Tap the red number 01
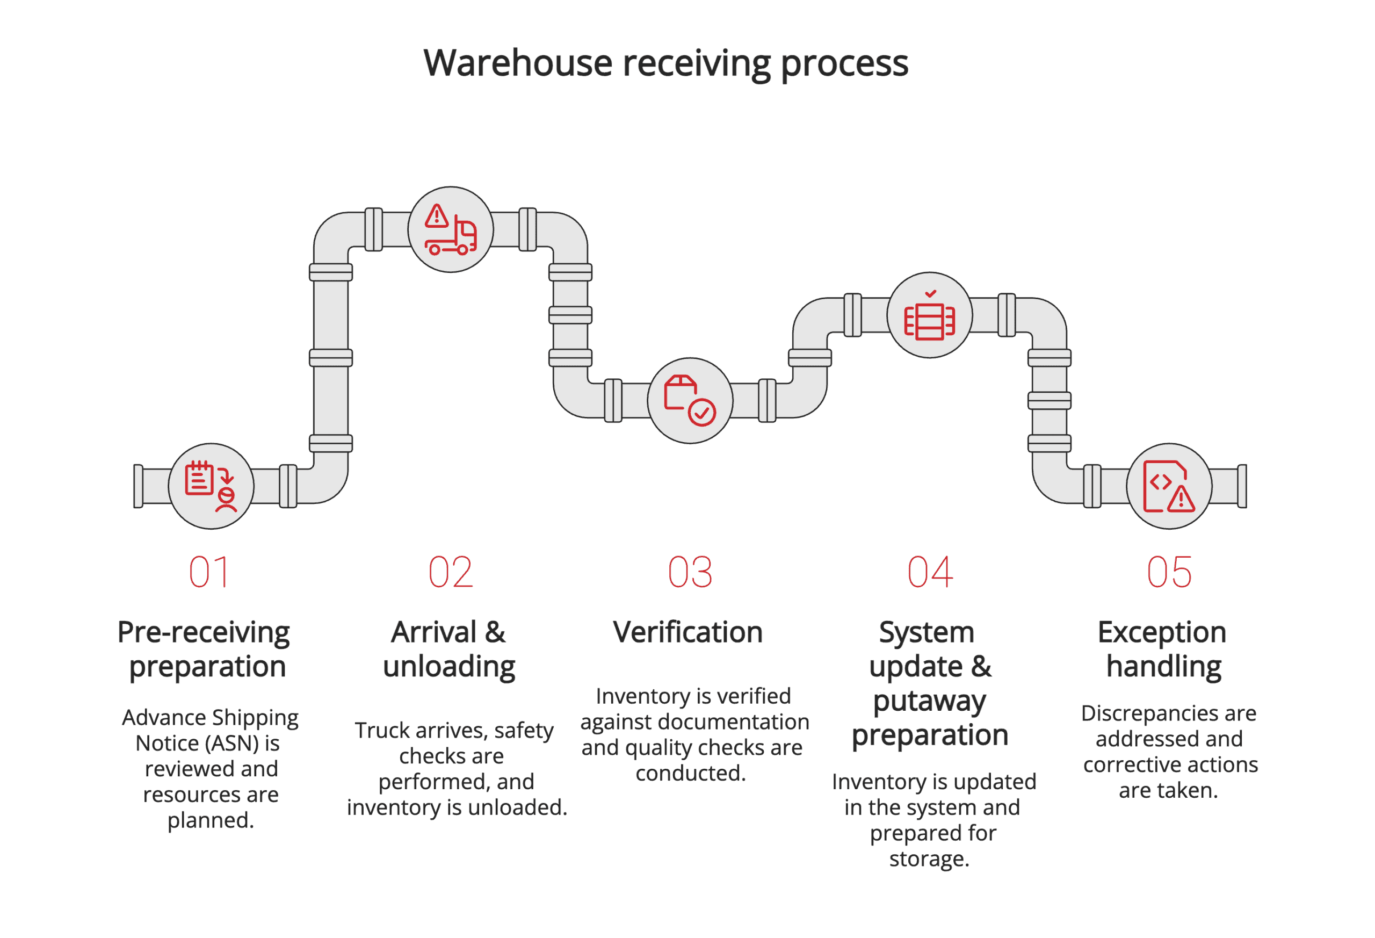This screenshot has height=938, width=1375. tap(209, 572)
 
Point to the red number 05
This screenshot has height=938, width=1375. tap(1169, 572)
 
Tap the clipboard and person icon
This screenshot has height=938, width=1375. tap(211, 486)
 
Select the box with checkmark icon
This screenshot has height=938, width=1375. tap(689, 401)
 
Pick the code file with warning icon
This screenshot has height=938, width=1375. tap(1169, 486)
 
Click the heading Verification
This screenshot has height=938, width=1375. tap(687, 632)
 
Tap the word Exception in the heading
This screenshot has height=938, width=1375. tap(1161, 632)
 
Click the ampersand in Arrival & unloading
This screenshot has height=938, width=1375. tap(495, 632)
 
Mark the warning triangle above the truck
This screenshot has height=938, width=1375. tap(437, 216)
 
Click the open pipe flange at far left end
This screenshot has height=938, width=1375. tap(139, 486)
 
